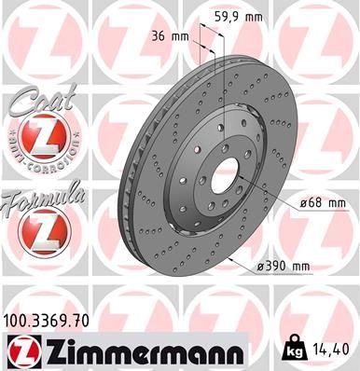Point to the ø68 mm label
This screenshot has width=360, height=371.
(323, 201)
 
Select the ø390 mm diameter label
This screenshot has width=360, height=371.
(284, 267)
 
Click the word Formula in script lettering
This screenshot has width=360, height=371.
(43, 196)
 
